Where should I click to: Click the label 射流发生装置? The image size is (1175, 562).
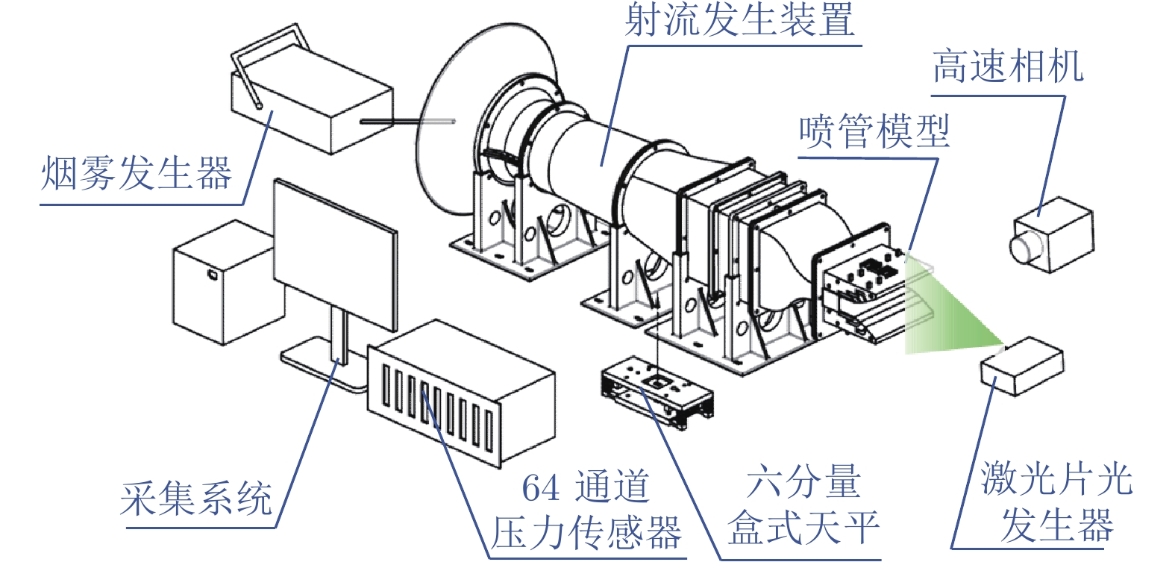click(x=739, y=20)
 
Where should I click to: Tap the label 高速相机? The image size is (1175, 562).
click(x=1006, y=67)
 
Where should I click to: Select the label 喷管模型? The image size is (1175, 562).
click(x=874, y=132)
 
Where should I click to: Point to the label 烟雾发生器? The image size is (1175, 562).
click(x=136, y=174)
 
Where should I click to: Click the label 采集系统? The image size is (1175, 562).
click(x=196, y=499)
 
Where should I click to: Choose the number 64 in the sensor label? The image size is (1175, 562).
click(x=541, y=488)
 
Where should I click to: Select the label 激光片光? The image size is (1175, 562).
click(x=1056, y=478)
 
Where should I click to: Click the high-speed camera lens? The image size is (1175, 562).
click(x=1020, y=248)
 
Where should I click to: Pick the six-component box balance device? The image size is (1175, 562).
click(x=657, y=393)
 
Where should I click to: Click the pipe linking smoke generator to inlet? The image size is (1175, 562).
click(x=407, y=120)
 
